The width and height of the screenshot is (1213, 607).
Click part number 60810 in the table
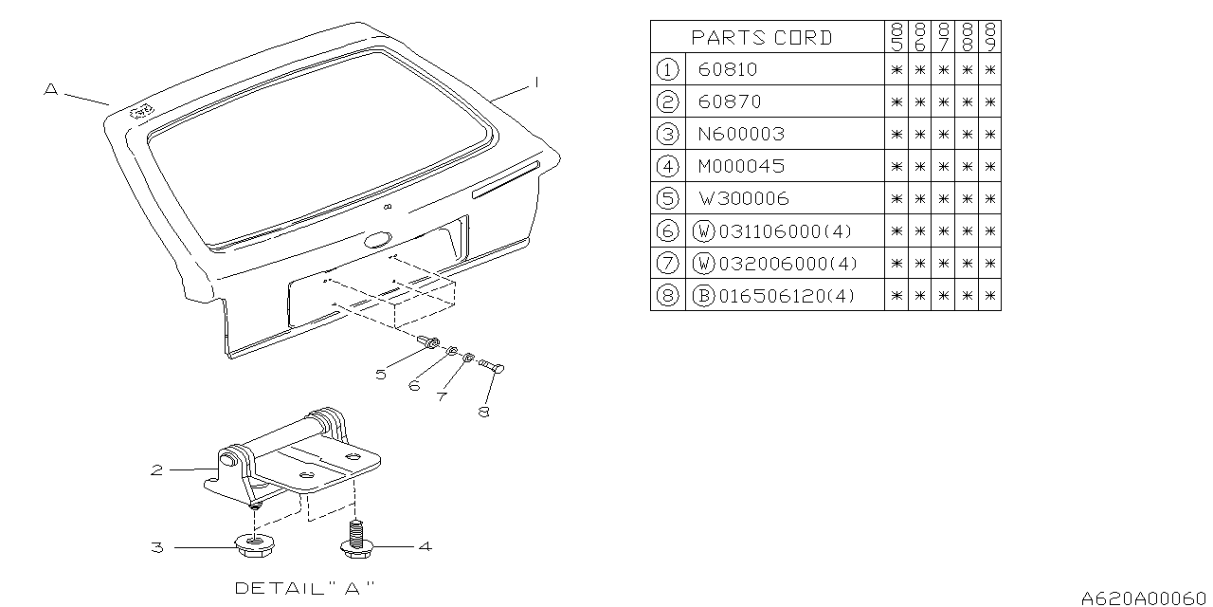(728, 69)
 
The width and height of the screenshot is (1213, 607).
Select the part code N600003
(741, 134)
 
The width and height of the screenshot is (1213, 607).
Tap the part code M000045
(741, 166)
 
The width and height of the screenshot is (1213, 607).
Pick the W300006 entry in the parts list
(743, 198)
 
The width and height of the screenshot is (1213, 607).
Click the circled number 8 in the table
(666, 295)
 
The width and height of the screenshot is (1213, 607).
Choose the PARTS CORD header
(761, 37)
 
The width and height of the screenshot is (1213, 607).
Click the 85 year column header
(896, 37)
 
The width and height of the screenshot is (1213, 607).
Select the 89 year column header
(990, 37)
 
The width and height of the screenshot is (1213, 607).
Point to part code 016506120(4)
(787, 295)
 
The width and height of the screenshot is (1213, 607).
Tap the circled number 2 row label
(666, 101)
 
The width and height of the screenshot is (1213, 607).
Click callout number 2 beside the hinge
(157, 469)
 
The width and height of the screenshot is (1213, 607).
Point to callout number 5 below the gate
(381, 374)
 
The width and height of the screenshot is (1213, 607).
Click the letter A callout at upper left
(51, 89)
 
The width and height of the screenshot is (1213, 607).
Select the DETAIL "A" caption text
(304, 588)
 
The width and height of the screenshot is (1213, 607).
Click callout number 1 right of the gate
(536, 83)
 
